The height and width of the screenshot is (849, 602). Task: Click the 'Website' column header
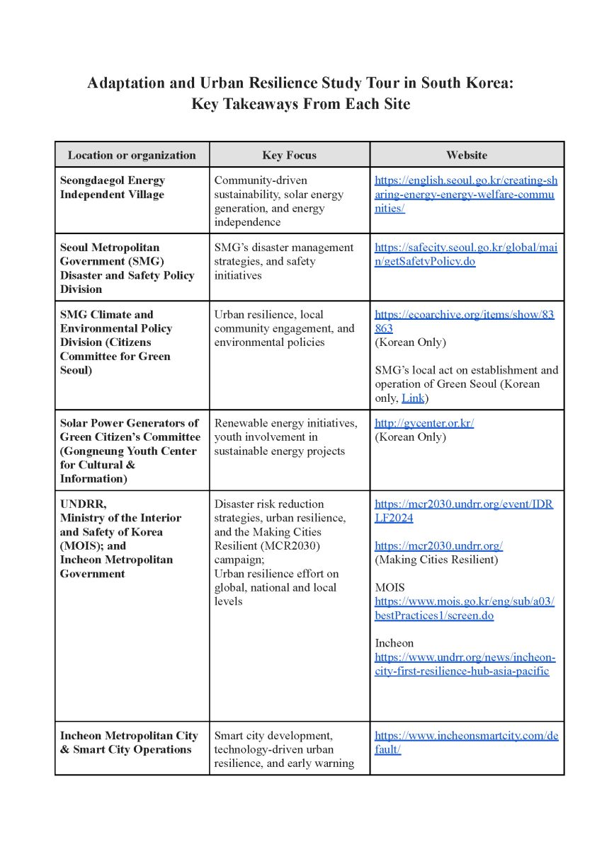click(466, 155)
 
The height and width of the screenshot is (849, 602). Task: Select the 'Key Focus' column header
click(289, 155)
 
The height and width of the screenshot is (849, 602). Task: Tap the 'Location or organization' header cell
click(132, 155)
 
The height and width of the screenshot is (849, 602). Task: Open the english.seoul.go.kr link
click(465, 195)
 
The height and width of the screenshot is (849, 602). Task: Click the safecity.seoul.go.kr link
click(465, 254)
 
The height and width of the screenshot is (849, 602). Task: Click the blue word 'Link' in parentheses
click(413, 398)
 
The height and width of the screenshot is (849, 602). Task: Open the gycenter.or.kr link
click(424, 423)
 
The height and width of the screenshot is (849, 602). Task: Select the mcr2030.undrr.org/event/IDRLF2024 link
click(464, 511)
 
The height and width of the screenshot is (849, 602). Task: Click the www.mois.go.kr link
click(464, 608)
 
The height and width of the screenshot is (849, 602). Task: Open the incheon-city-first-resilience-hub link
click(465, 664)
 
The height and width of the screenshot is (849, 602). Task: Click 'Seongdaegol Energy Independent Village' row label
click(113, 187)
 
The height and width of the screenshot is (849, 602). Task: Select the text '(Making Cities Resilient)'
click(436, 560)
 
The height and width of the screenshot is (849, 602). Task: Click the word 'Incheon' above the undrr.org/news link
click(394, 643)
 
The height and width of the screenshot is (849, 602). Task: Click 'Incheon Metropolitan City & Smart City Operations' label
click(128, 742)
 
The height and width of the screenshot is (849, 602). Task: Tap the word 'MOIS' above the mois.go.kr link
click(389, 587)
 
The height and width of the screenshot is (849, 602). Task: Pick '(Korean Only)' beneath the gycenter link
click(410, 437)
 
